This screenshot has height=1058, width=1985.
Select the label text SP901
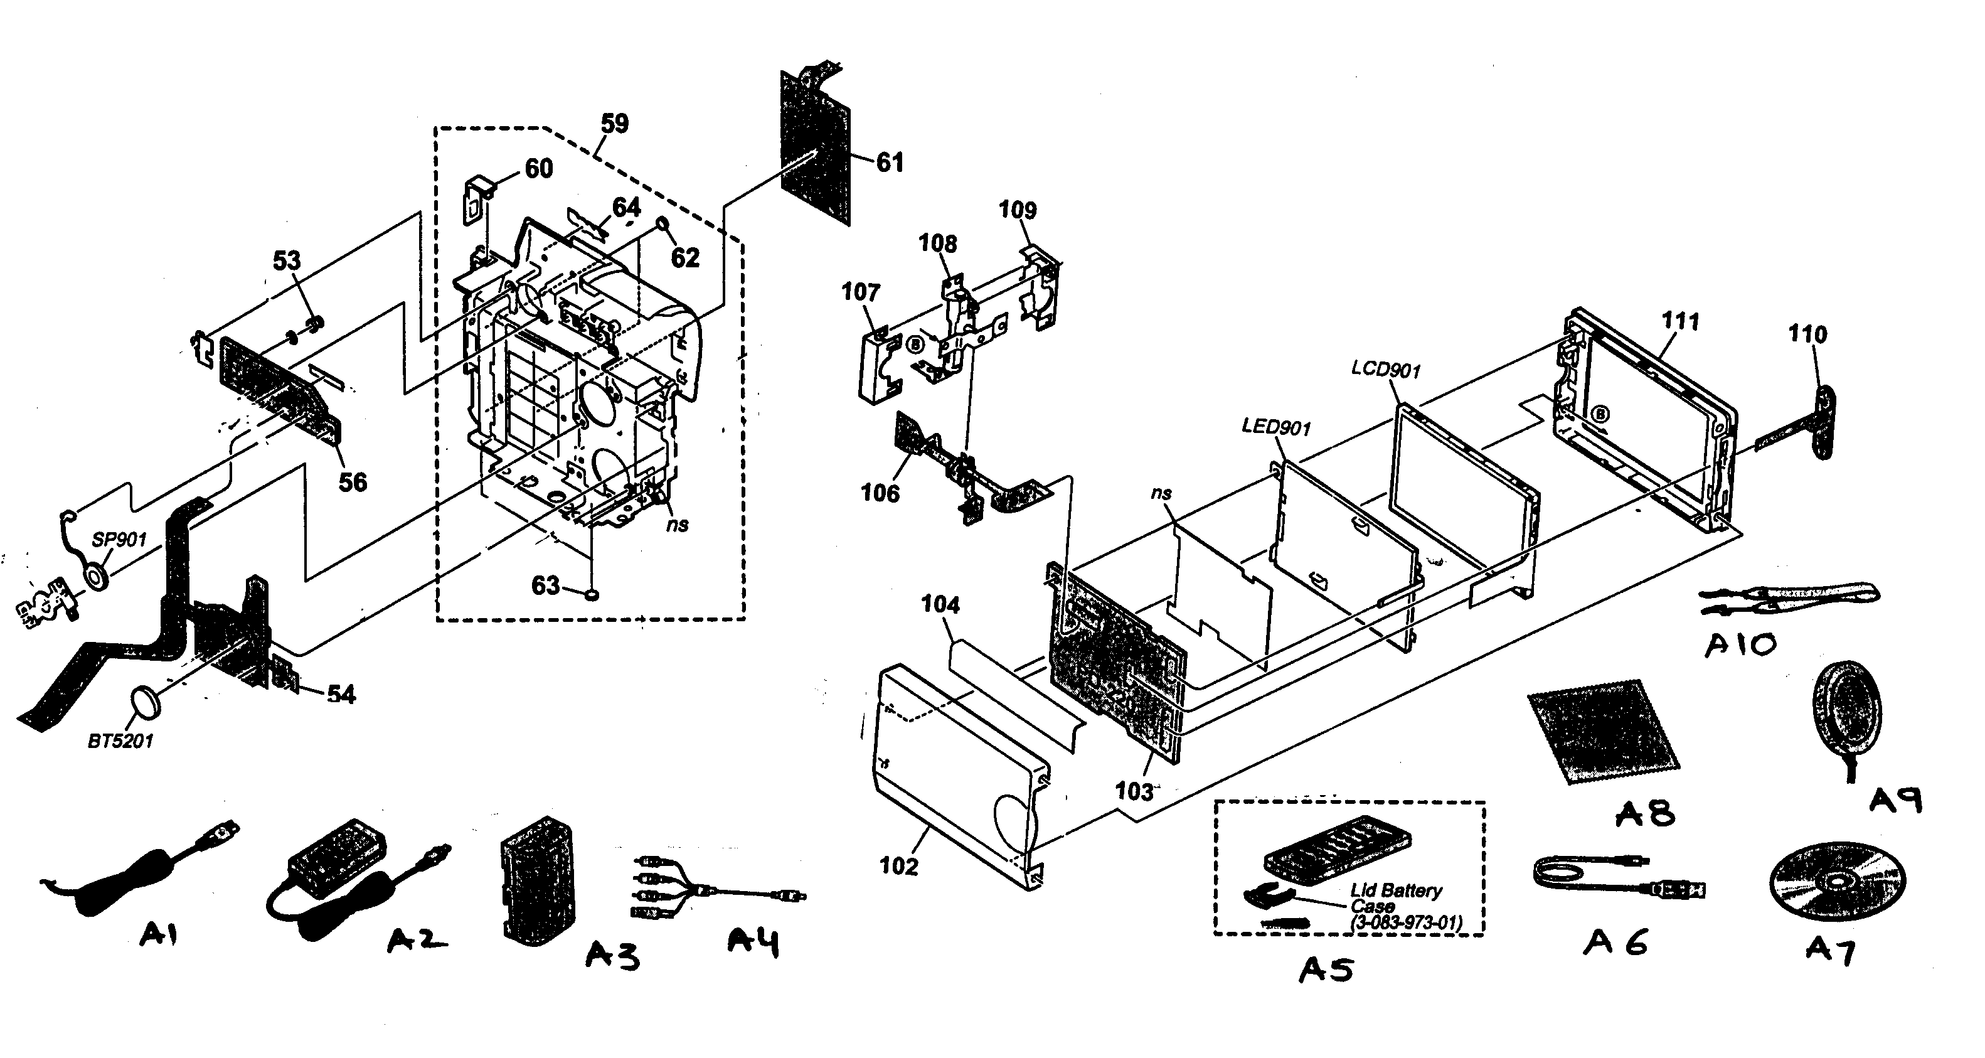click(119, 540)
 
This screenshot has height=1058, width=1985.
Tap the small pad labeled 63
click(592, 594)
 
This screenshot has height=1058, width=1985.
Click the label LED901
click(1275, 426)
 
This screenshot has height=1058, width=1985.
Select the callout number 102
click(898, 866)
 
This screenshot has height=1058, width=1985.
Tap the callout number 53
click(287, 260)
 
